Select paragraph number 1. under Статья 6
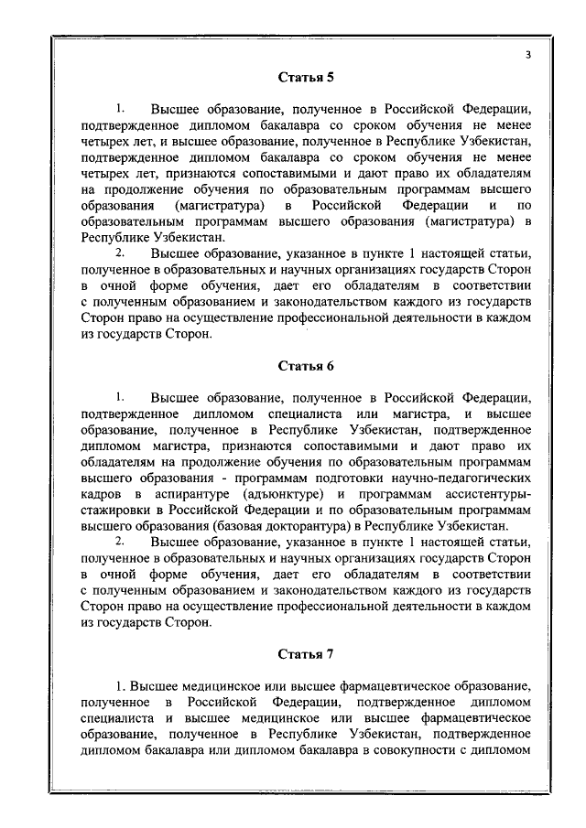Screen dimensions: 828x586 coord(120,398)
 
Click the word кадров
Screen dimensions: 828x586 coord(99,493)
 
